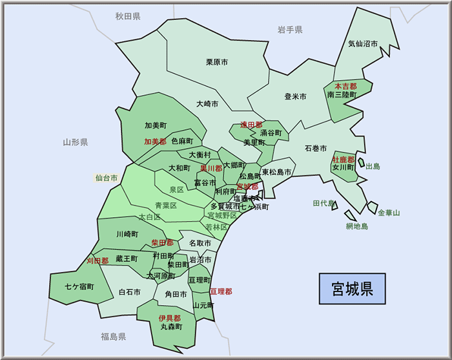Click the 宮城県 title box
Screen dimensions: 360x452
[x=352, y=288]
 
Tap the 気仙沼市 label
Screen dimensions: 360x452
[x=363, y=44]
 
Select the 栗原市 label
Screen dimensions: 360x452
[x=218, y=62]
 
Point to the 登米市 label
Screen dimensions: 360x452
[x=295, y=96]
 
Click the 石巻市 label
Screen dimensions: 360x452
[x=316, y=148]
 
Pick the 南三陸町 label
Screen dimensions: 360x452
[x=342, y=94]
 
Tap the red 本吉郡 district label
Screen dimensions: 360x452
[x=345, y=86]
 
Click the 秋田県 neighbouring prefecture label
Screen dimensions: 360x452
[x=128, y=16]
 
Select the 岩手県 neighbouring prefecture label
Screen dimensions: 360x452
[x=290, y=30]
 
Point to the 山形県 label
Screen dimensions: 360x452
[x=76, y=142]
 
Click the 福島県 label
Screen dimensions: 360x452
[x=113, y=337]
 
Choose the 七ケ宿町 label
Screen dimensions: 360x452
[x=79, y=286]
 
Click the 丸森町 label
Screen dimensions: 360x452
[x=171, y=327]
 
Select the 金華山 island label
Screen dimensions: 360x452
[x=389, y=213]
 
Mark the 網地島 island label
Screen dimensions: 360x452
[x=356, y=226]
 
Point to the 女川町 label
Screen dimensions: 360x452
[x=344, y=167]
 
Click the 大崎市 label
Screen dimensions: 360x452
[x=207, y=103]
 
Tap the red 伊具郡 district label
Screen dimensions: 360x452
[x=170, y=318]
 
